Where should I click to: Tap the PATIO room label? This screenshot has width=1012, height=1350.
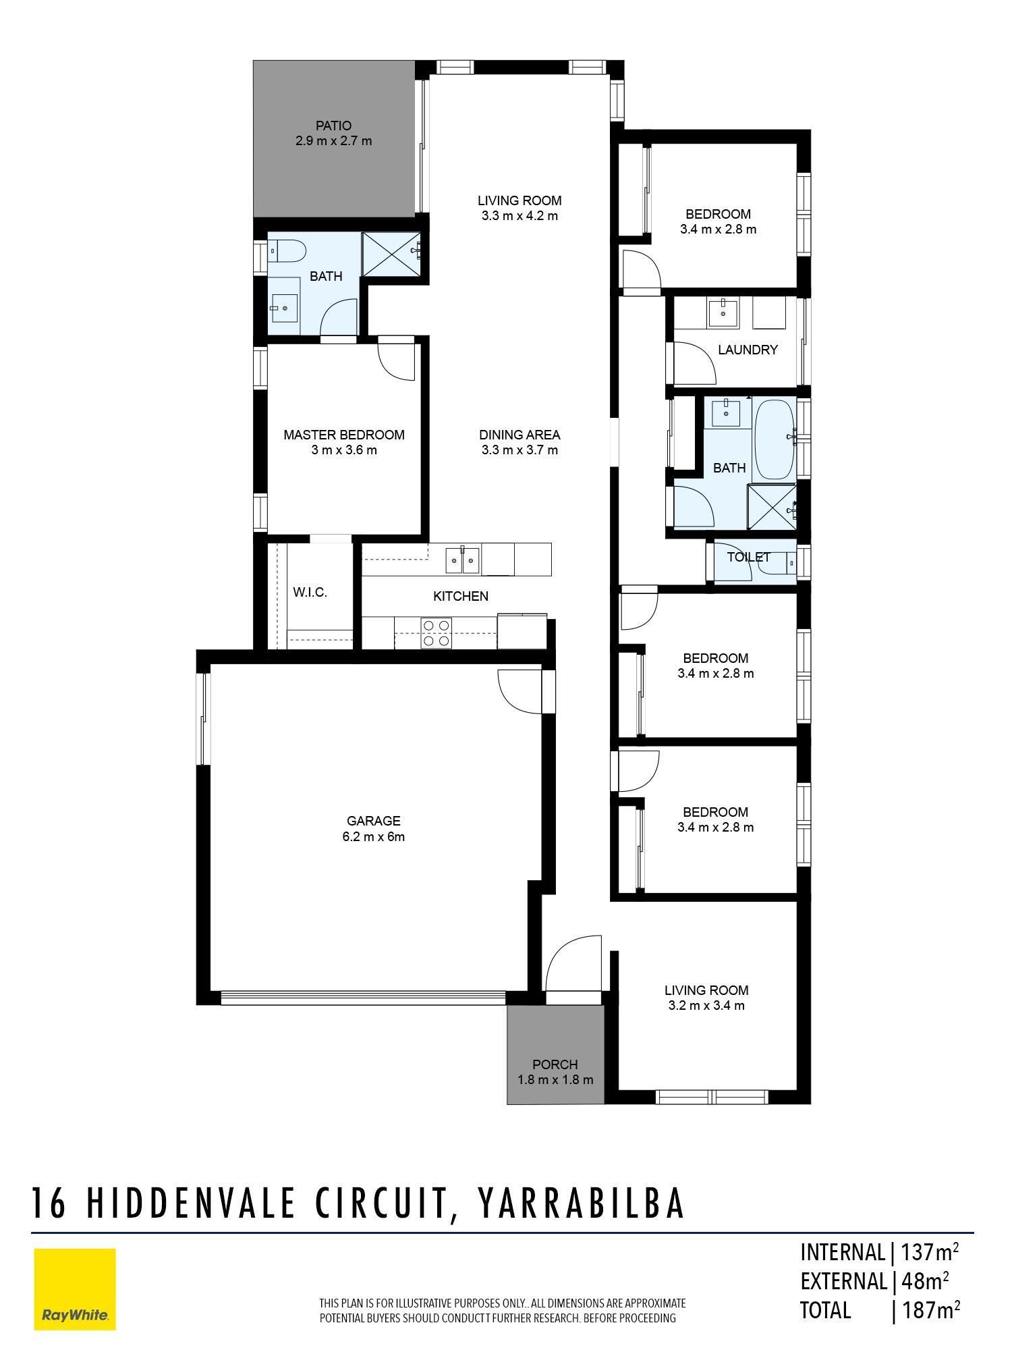tap(333, 126)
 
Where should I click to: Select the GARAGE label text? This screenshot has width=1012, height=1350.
tap(373, 821)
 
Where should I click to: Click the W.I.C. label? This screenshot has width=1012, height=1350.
tap(310, 593)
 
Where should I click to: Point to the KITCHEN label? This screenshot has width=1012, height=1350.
tap(461, 596)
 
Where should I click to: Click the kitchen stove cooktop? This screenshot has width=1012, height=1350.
tap(437, 633)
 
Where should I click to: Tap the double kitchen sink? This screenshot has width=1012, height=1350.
tap(462, 560)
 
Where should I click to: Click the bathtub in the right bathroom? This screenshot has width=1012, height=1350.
tap(775, 439)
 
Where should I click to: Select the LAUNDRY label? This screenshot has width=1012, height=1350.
tap(748, 350)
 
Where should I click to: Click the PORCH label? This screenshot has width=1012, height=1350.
tap(555, 1064)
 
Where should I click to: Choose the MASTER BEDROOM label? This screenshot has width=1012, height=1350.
tap(344, 435)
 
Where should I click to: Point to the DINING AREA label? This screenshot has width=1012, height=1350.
tap(519, 435)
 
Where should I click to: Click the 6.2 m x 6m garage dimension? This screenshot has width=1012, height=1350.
tap(373, 837)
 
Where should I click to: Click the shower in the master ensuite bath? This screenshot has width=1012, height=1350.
tap(391, 254)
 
